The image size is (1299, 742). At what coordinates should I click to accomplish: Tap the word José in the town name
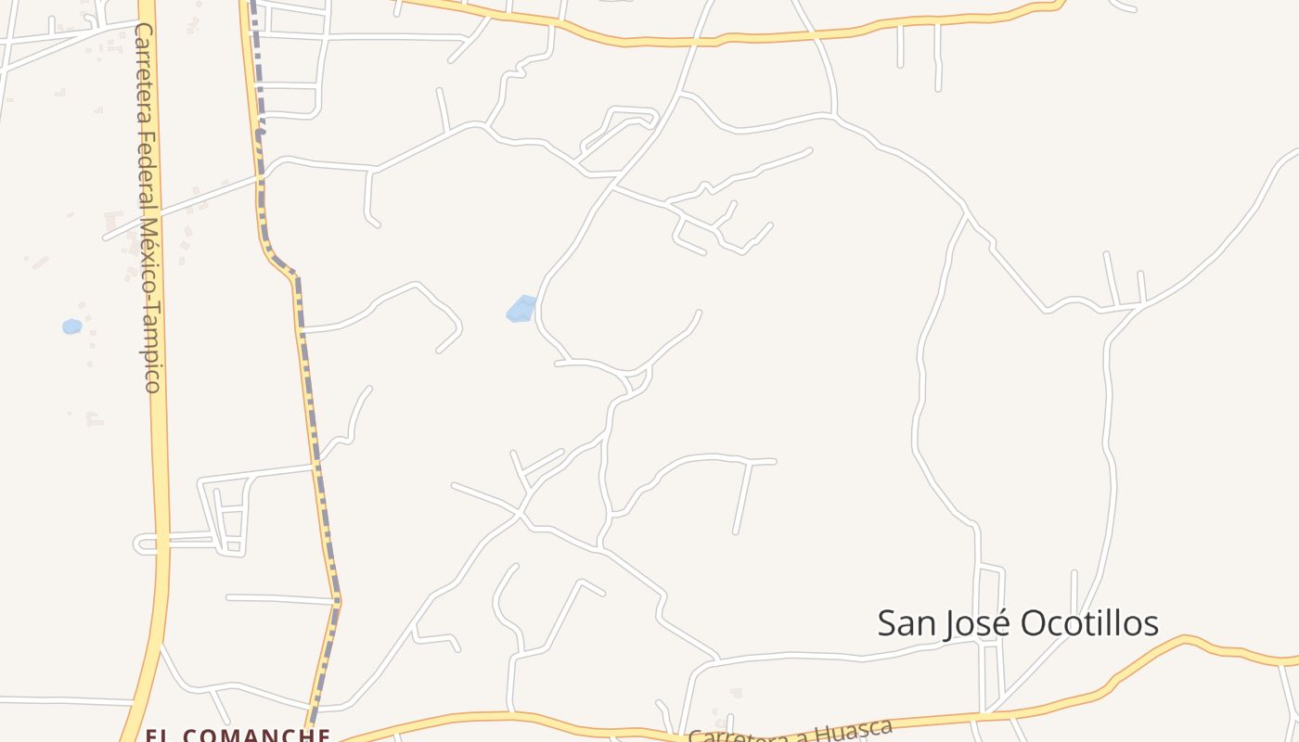click(x=970, y=624)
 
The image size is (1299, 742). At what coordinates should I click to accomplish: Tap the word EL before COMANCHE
click(x=161, y=736)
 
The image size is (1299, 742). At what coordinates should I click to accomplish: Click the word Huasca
click(x=855, y=728)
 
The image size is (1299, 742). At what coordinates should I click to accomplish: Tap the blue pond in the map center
click(x=521, y=309)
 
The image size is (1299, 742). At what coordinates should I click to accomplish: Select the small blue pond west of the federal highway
click(x=71, y=326)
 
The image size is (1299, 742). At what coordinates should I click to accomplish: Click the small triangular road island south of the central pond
click(x=636, y=380)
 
